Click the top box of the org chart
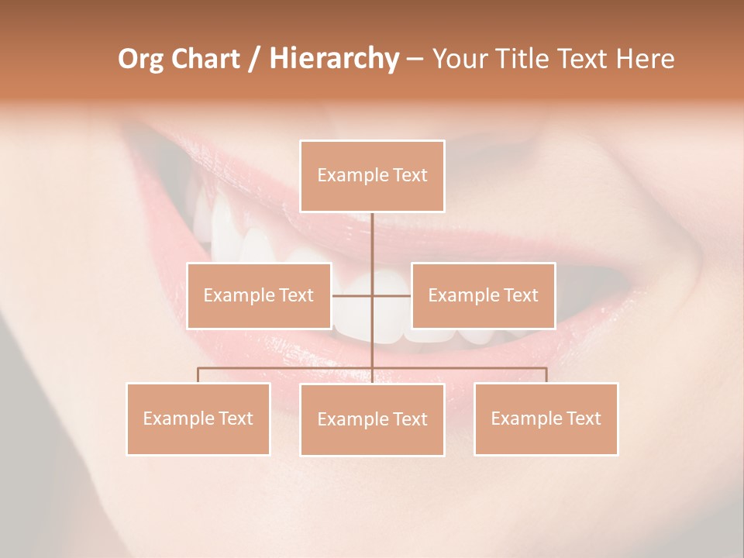pos(372,176)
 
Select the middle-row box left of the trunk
pos(259,295)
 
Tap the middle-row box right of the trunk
pos(483,295)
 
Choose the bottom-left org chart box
pos(198,418)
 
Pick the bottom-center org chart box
pos(372,419)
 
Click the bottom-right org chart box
pos(546,418)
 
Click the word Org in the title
pos(139,59)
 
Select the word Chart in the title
pos(203,59)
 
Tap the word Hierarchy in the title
pos(333,59)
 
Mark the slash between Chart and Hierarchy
pos(254,59)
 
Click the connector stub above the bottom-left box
pos(198,375)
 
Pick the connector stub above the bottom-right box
pos(546,375)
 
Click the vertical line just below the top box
pos(372,229)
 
